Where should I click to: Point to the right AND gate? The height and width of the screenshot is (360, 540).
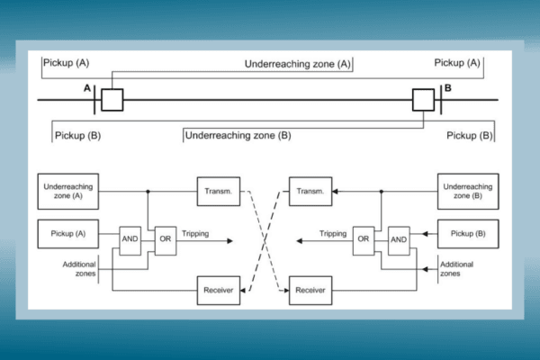(400, 239)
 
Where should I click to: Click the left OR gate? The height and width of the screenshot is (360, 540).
(166, 239)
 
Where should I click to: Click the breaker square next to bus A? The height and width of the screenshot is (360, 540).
(112, 99)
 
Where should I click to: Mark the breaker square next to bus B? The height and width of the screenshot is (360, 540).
(423, 99)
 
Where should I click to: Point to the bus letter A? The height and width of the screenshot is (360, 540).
(87, 88)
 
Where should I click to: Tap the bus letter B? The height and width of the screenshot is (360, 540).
(447, 88)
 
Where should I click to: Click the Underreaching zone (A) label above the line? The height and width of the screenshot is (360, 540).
(298, 64)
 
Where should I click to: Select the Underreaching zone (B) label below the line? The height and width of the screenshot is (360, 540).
(238, 135)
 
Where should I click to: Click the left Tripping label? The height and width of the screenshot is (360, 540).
(194, 234)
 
